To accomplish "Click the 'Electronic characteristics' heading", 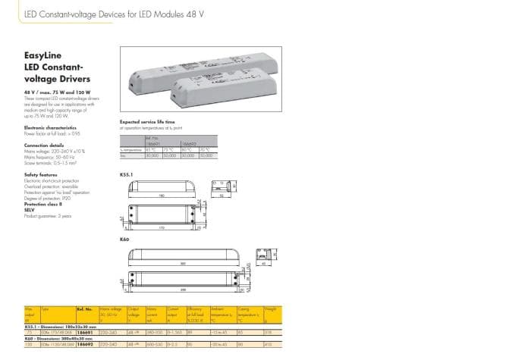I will [x=52, y=128].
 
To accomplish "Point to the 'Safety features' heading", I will [x=41, y=174].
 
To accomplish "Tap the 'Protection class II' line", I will [x=42, y=205].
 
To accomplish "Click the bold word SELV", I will [x=30, y=210].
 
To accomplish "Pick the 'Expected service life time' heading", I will [x=147, y=121].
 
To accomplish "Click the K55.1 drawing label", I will [x=126, y=174].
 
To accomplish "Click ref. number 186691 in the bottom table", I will [x=84, y=332].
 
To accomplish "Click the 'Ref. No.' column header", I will [x=84, y=309].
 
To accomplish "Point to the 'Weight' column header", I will [x=270, y=309].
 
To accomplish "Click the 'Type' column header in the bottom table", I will [x=45, y=309].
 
